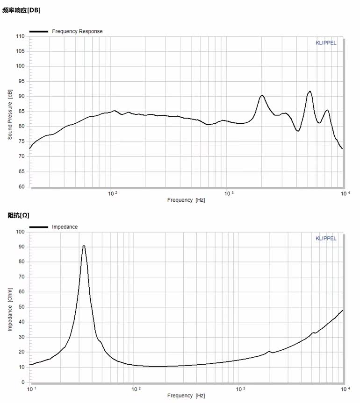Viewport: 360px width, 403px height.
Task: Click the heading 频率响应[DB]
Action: pyautogui.click(x=22, y=10)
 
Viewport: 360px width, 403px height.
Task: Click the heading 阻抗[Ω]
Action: pyautogui.click(x=19, y=215)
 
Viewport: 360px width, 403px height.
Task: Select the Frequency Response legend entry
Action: pyautogui.click(x=77, y=31)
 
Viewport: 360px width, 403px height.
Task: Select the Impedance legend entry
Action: pyautogui.click(x=65, y=227)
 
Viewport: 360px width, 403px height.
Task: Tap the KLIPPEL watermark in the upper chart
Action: pyautogui.click(x=326, y=43)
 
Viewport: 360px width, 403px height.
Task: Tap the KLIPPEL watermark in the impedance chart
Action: pyautogui.click(x=326, y=238)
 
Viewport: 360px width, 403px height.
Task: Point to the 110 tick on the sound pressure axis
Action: pyautogui.click(x=20, y=36)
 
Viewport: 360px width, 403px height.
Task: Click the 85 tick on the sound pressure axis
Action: pyautogui.click(x=22, y=111)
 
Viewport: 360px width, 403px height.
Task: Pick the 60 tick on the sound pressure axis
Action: pyautogui.click(x=22, y=187)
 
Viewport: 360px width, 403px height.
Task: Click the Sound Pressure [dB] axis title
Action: pyautogui.click(x=10, y=115)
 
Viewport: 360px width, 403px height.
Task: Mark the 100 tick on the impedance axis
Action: pyautogui.click(x=20, y=232)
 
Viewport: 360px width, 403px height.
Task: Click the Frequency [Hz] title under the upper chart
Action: pyautogui.click(x=186, y=200)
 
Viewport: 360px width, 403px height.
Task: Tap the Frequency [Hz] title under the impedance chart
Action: pyautogui.click(x=186, y=396)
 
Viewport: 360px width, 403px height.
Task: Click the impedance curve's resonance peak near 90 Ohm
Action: pyautogui.click(x=84, y=246)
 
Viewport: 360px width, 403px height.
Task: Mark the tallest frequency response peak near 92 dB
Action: pyautogui.click(x=310, y=92)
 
